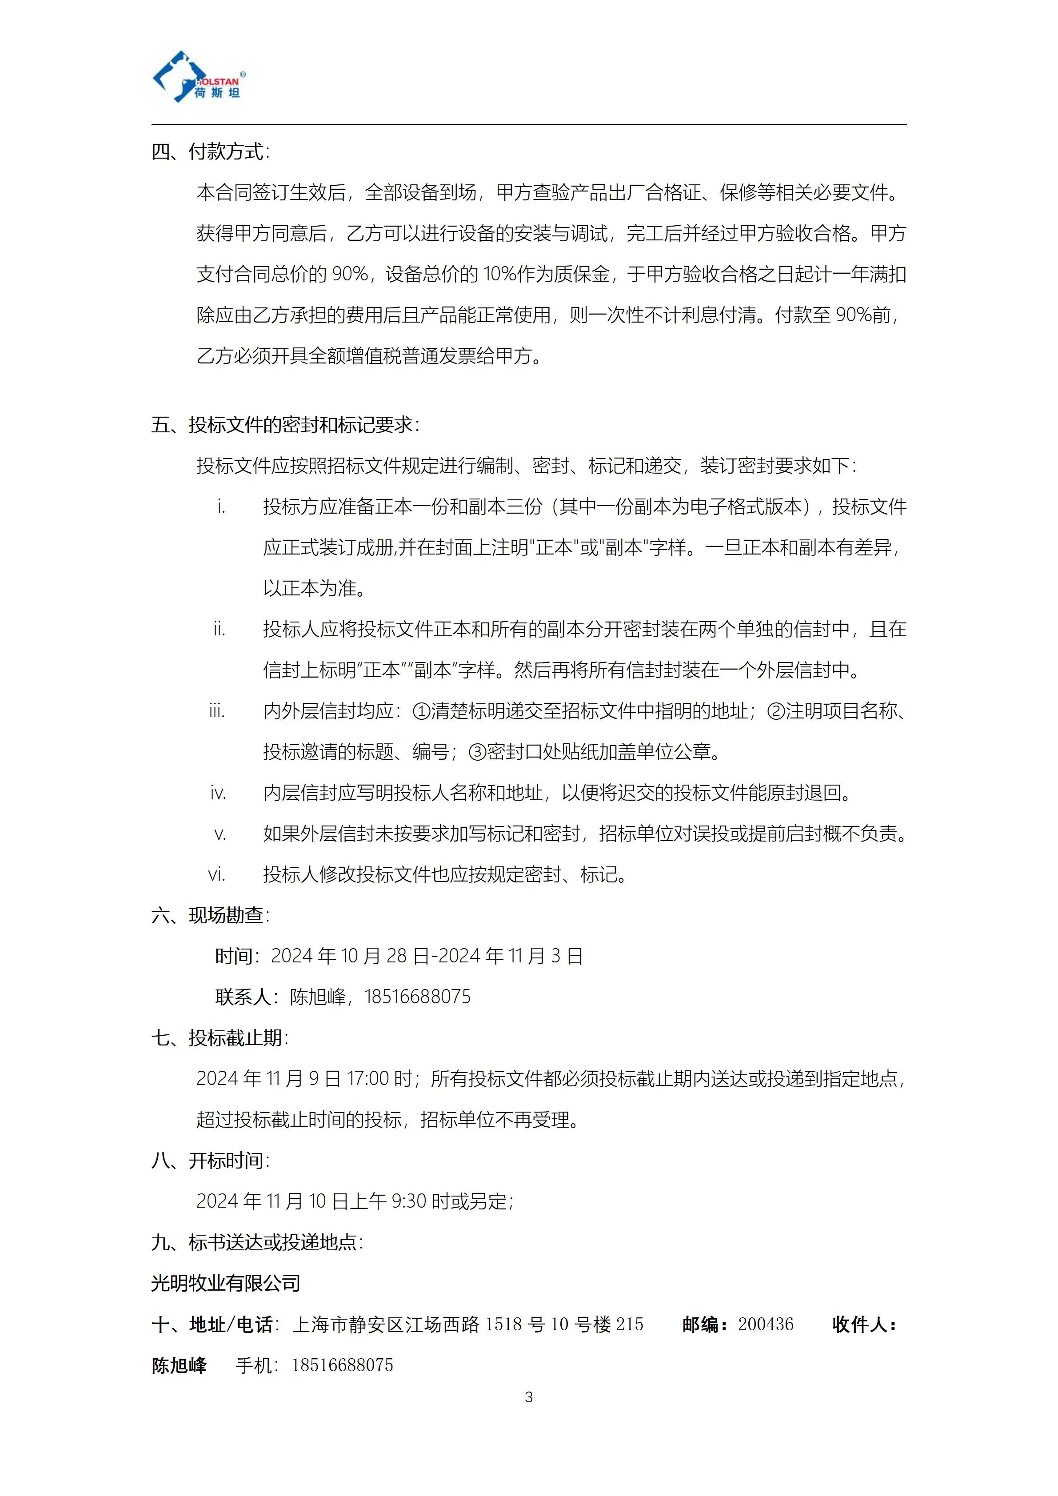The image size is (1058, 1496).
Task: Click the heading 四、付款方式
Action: pos(210,152)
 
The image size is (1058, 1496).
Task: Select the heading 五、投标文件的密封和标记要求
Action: pos(285,425)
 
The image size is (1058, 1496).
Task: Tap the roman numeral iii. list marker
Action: pos(217,711)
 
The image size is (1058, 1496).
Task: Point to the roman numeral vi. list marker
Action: pos(217,874)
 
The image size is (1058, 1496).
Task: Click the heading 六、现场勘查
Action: pos(210,915)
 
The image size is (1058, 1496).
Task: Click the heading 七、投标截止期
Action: pos(220,1037)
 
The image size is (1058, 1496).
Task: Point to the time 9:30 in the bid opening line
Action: pos(408,1201)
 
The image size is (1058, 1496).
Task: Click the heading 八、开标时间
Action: pos(210,1161)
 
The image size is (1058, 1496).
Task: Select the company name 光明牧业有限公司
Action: pos(225,1283)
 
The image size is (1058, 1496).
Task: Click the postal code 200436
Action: pos(766,1324)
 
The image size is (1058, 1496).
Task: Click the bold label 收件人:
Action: pos(865,1324)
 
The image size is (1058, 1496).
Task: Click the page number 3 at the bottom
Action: pos(528,1397)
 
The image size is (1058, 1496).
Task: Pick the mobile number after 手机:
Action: pos(342,1365)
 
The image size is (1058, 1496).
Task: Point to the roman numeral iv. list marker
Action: pos(218,793)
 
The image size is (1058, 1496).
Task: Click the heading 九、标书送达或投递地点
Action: pos(257,1242)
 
